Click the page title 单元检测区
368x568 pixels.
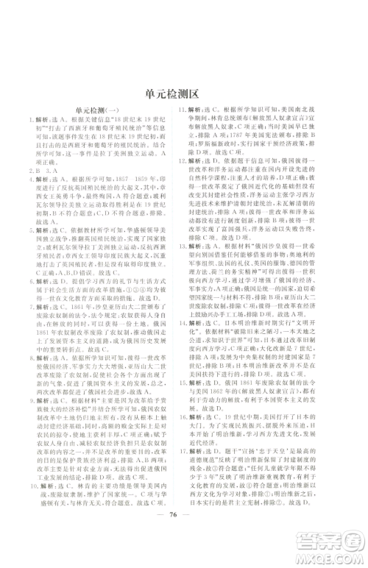(x=183, y=94)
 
